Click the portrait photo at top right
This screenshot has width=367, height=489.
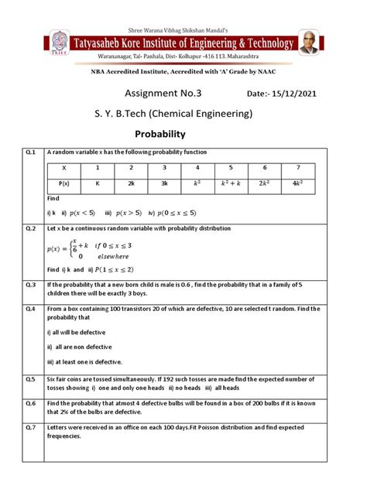point(309,43)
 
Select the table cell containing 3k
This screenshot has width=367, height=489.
point(164,184)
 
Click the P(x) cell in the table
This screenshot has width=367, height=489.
point(64,184)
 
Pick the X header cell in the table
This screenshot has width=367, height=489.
point(64,168)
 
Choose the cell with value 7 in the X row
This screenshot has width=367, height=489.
point(298,168)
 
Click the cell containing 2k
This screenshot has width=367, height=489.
point(131,184)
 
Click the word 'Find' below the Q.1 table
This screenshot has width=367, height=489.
point(53,199)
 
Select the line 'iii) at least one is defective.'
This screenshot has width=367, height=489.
point(84,361)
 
